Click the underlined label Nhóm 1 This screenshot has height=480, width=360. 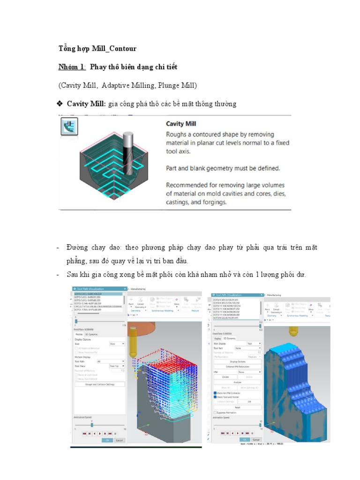point(72,67)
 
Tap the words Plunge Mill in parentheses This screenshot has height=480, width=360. point(177,86)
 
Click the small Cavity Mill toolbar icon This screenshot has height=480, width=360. point(69,127)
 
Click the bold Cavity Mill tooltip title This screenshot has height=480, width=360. point(181,124)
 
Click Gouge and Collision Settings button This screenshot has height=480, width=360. point(99,384)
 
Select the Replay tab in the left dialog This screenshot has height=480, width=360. point(79,334)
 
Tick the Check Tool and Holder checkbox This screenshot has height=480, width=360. point(215,397)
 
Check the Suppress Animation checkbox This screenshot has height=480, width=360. point(215,412)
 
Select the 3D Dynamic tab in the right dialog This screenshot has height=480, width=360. point(230,338)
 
